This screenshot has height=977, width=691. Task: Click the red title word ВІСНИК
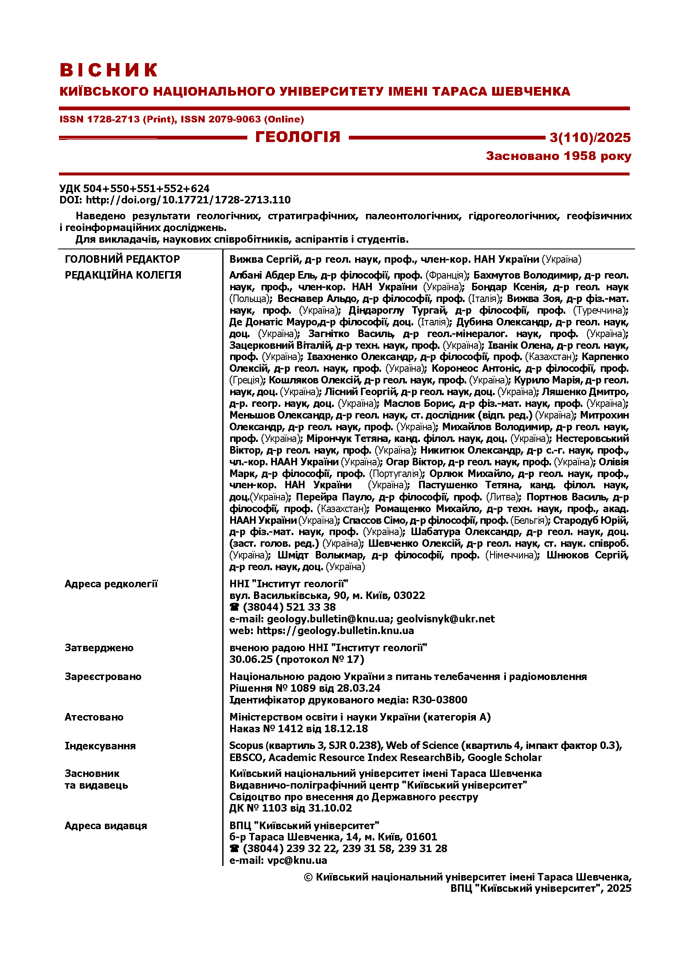point(109,70)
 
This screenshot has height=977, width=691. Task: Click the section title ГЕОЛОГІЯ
point(297,137)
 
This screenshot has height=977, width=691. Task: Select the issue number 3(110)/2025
point(590,137)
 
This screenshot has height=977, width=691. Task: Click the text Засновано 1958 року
point(558,156)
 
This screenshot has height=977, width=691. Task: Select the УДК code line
point(135,188)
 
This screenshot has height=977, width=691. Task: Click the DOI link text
point(188,200)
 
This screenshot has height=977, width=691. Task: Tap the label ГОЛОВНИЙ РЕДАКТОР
point(122,259)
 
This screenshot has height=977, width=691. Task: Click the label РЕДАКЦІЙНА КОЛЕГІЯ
point(123,275)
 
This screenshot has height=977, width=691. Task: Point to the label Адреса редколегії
point(111,584)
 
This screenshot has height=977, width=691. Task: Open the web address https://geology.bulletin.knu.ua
point(335,631)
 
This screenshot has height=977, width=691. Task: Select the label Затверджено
point(99,648)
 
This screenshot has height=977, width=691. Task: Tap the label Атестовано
point(94,718)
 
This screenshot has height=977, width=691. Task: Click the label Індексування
point(100,746)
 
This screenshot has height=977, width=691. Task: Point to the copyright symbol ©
point(308,878)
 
